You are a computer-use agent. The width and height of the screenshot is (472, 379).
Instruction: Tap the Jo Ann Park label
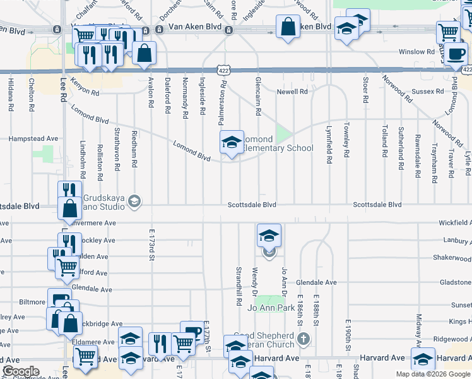click(271, 308)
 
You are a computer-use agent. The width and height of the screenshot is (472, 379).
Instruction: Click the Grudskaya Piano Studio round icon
click(134, 201)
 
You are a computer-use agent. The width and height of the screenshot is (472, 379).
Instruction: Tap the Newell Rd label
click(292, 92)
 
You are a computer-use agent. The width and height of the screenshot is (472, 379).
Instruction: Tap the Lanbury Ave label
click(457, 240)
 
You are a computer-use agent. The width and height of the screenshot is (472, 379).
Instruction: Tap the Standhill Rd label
click(239, 289)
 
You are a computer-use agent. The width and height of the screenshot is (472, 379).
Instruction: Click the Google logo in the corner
click(21, 371)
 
